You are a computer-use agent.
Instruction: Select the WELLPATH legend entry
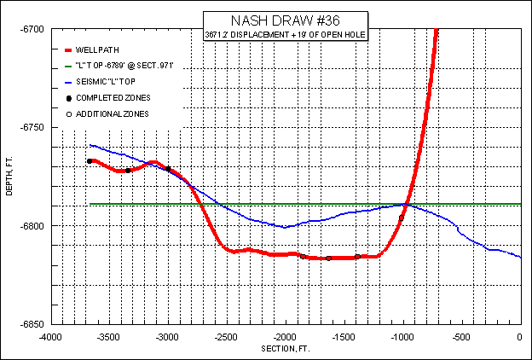[95, 50]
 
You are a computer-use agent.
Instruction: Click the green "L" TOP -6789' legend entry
[124, 66]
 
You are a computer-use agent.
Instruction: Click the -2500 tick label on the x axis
[226, 336]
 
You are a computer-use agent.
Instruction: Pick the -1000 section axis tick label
[402, 336]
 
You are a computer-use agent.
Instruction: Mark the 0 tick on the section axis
[520, 336]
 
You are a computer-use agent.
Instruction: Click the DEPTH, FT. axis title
[10, 177]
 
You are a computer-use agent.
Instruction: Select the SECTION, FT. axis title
[286, 349]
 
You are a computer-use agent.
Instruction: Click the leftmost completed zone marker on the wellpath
[90, 161]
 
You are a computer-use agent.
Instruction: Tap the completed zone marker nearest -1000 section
[402, 218]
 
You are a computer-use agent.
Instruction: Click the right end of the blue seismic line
[520, 257]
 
